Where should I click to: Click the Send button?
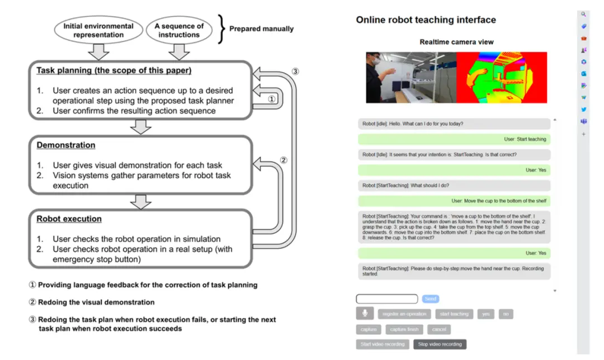tap(430, 299)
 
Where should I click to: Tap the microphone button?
tap(365, 314)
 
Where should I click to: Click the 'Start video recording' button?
tap(383, 344)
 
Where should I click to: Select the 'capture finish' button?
tap(405, 329)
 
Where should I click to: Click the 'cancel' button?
tap(438, 329)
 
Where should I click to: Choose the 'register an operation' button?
tap(404, 314)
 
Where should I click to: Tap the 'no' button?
tap(506, 314)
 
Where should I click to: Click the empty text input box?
tap(386, 299)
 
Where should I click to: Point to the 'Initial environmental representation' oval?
tap(98, 30)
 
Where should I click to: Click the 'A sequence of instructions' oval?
tap(179, 30)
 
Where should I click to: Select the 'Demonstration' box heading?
tap(66, 145)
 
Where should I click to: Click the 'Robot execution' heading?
tap(69, 219)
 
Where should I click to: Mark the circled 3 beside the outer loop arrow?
tap(296, 71)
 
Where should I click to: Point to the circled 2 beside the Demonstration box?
tap(284, 160)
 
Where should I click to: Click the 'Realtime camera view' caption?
tap(456, 42)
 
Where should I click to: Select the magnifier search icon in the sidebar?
tap(584, 15)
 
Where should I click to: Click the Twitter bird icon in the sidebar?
tap(584, 110)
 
